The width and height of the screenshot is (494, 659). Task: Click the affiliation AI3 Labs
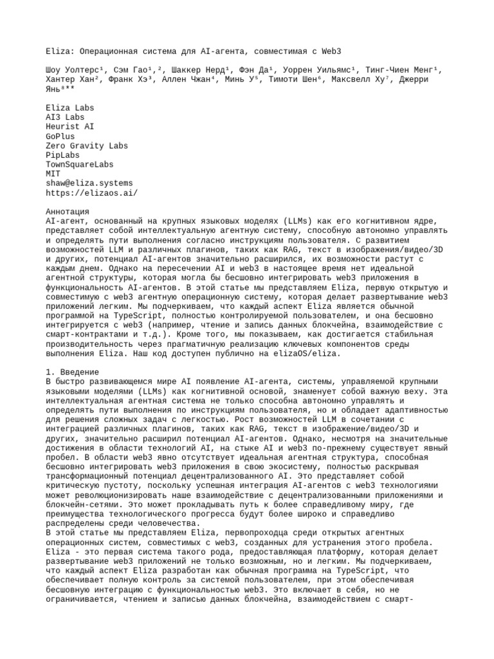click(65, 118)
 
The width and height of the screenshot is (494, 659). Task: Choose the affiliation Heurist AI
click(69, 127)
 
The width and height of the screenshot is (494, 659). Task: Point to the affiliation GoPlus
click(60, 136)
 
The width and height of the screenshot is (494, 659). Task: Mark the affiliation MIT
click(53, 174)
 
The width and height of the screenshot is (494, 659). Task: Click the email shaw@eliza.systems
click(89, 183)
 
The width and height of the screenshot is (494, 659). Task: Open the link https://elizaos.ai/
click(91, 193)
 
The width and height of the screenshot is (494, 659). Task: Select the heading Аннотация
click(68, 212)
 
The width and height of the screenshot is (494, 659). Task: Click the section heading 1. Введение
click(72, 372)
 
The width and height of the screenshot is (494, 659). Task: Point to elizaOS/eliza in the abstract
click(303, 353)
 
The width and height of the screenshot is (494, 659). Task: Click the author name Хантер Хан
click(72, 80)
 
